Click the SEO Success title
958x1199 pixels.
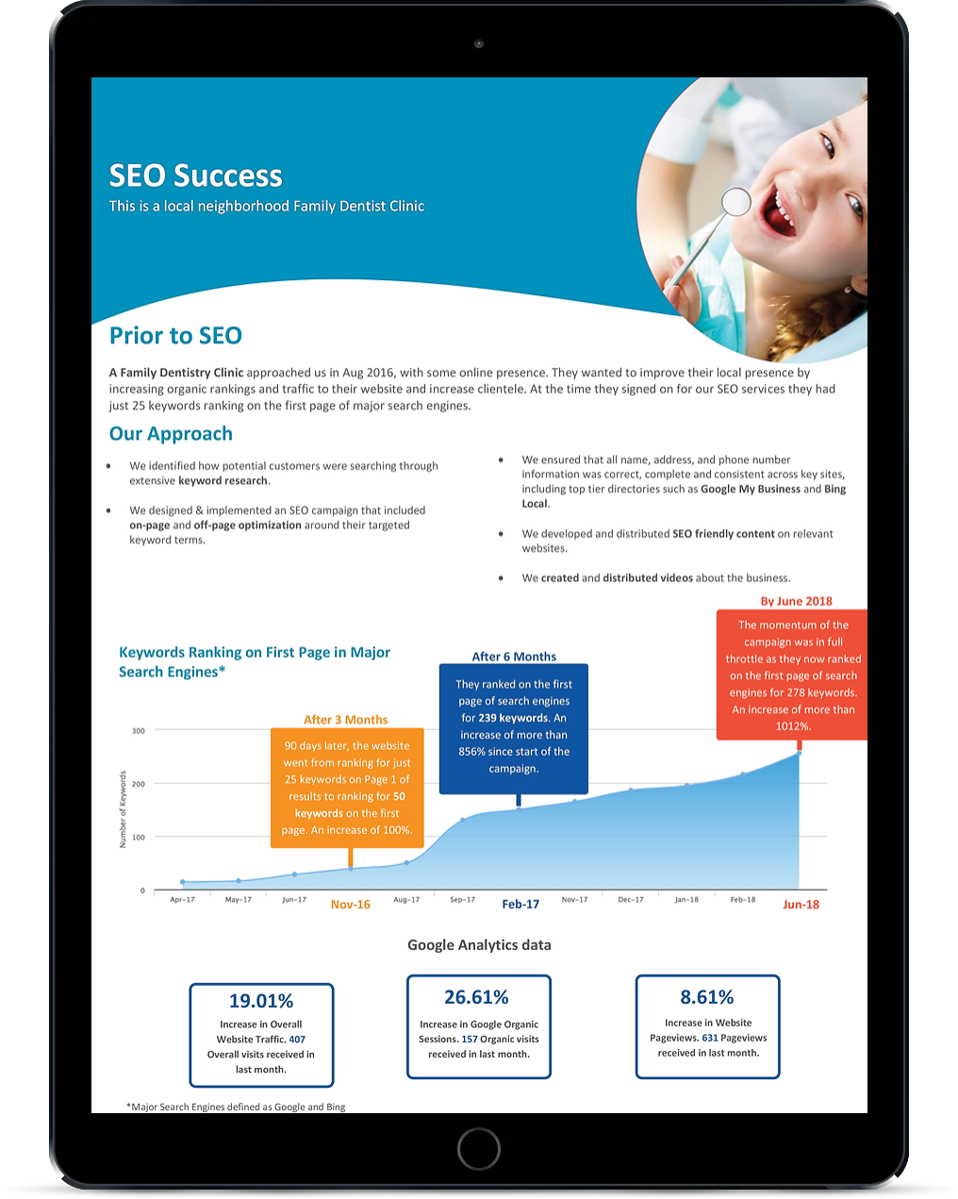195,175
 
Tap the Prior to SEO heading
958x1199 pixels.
175,336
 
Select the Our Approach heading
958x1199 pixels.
171,433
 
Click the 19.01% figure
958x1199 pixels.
261,1001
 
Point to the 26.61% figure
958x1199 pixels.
476,997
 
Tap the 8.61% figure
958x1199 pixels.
707,997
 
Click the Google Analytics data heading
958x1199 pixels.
479,945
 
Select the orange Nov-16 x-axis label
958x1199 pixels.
351,905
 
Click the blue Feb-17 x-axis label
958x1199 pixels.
520,905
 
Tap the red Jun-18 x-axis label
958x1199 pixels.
801,905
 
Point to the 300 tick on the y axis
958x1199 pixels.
138,730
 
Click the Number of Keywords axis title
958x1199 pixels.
123,809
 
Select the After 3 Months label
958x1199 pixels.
345,719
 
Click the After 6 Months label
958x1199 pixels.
514,657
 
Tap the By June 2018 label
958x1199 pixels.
797,601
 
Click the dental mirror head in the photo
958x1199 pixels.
735,201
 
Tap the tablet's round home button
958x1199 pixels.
479,1149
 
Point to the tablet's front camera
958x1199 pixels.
478,43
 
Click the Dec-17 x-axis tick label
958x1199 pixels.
631,899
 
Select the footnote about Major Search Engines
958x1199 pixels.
236,1107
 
